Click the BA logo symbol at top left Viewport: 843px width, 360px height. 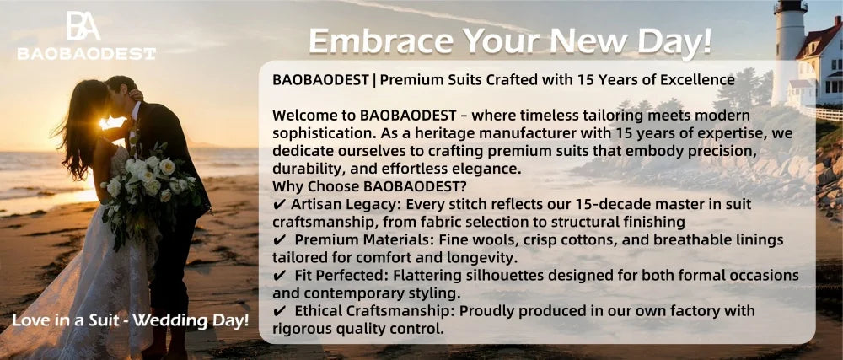(x=83, y=26)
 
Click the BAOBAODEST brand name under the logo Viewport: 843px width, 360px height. (x=86, y=53)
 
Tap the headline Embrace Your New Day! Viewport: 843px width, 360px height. (x=510, y=40)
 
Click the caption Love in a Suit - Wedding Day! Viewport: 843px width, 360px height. (x=130, y=320)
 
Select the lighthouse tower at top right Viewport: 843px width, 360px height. (x=791, y=42)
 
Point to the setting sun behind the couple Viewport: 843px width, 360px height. (x=110, y=125)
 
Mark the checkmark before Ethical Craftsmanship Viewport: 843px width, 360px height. (x=280, y=311)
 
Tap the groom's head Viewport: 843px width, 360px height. (x=121, y=87)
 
